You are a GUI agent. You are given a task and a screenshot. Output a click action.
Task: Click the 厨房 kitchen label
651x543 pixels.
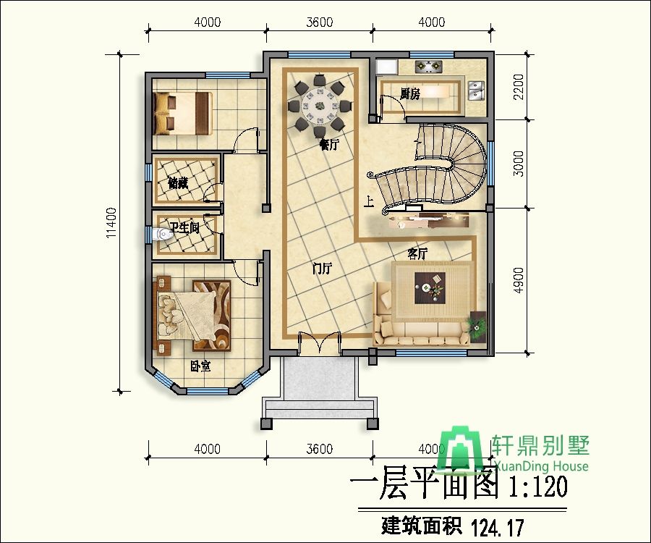410,94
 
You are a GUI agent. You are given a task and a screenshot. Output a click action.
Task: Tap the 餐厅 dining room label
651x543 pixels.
329,145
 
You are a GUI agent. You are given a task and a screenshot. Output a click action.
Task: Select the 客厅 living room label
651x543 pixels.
417,253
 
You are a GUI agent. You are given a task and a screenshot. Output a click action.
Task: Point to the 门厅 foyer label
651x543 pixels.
321,269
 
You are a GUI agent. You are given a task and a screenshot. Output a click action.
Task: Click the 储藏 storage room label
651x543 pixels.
178,183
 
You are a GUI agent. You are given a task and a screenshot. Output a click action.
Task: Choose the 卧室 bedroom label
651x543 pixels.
200,366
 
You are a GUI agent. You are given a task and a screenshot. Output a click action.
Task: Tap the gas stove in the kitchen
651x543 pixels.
428,67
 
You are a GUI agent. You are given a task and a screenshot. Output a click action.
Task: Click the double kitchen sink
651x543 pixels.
475,90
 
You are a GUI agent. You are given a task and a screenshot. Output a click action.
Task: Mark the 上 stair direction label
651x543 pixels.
370,202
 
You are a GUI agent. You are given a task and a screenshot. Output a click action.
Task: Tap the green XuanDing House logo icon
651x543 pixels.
464,450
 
